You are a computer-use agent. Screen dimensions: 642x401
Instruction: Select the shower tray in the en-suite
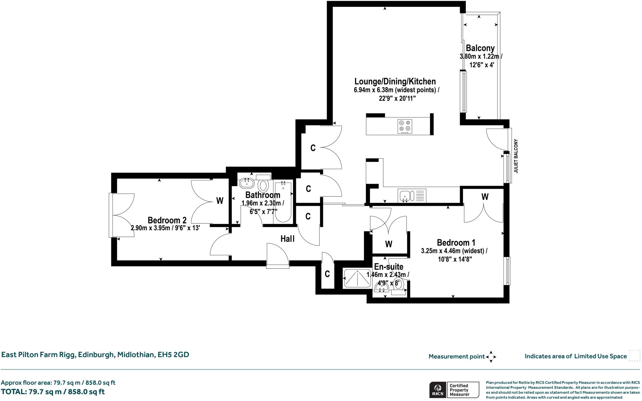[357, 278]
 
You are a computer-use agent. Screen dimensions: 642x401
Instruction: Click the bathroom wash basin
[247, 183]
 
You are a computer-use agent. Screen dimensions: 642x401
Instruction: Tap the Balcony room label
[480, 48]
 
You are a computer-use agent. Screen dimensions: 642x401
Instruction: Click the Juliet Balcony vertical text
[516, 156]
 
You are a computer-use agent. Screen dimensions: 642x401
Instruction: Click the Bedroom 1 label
[456, 242]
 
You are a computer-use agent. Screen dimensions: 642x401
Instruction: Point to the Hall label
[287, 239]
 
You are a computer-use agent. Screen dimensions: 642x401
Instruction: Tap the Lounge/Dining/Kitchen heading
[395, 82]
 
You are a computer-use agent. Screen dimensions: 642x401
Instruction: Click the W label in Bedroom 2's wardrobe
[220, 201]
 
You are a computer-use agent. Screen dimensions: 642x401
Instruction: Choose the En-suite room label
[389, 266]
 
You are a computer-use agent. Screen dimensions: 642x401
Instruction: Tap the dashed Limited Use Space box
[634, 356]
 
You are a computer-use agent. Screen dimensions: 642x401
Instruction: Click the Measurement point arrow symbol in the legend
[491, 357]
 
